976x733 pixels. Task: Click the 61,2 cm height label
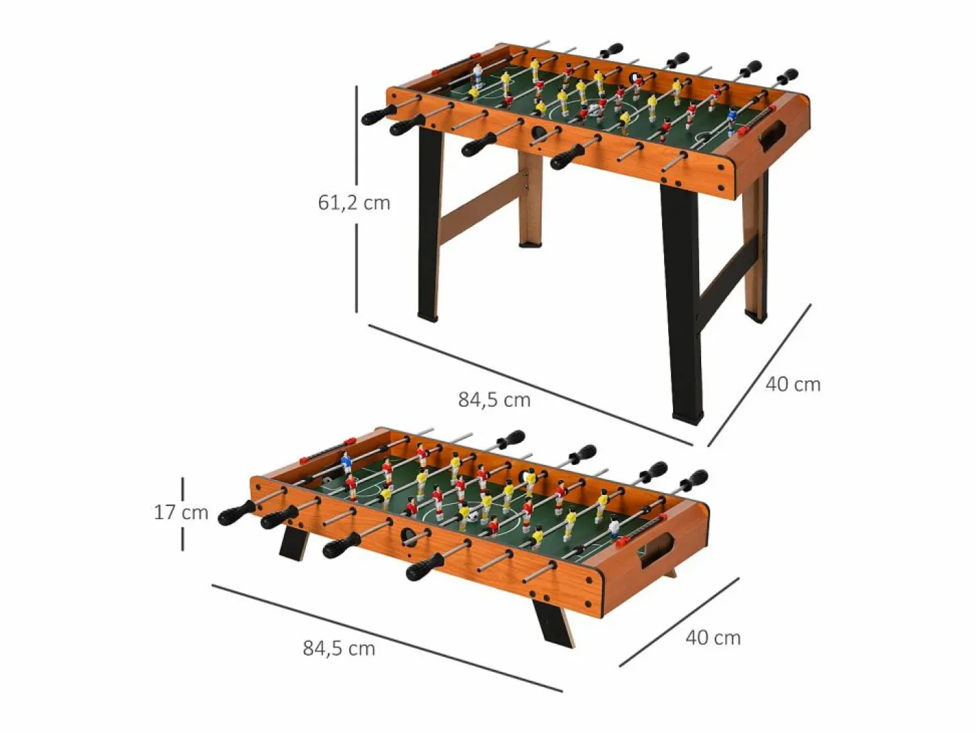[354, 203]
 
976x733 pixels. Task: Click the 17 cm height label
[181, 512]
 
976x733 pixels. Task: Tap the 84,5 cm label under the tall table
[494, 400]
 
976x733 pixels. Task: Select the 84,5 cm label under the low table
[339, 648]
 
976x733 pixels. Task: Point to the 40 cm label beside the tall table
[792, 385]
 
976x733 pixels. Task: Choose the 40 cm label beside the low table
[713, 638]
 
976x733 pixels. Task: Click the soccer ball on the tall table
[595, 109]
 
